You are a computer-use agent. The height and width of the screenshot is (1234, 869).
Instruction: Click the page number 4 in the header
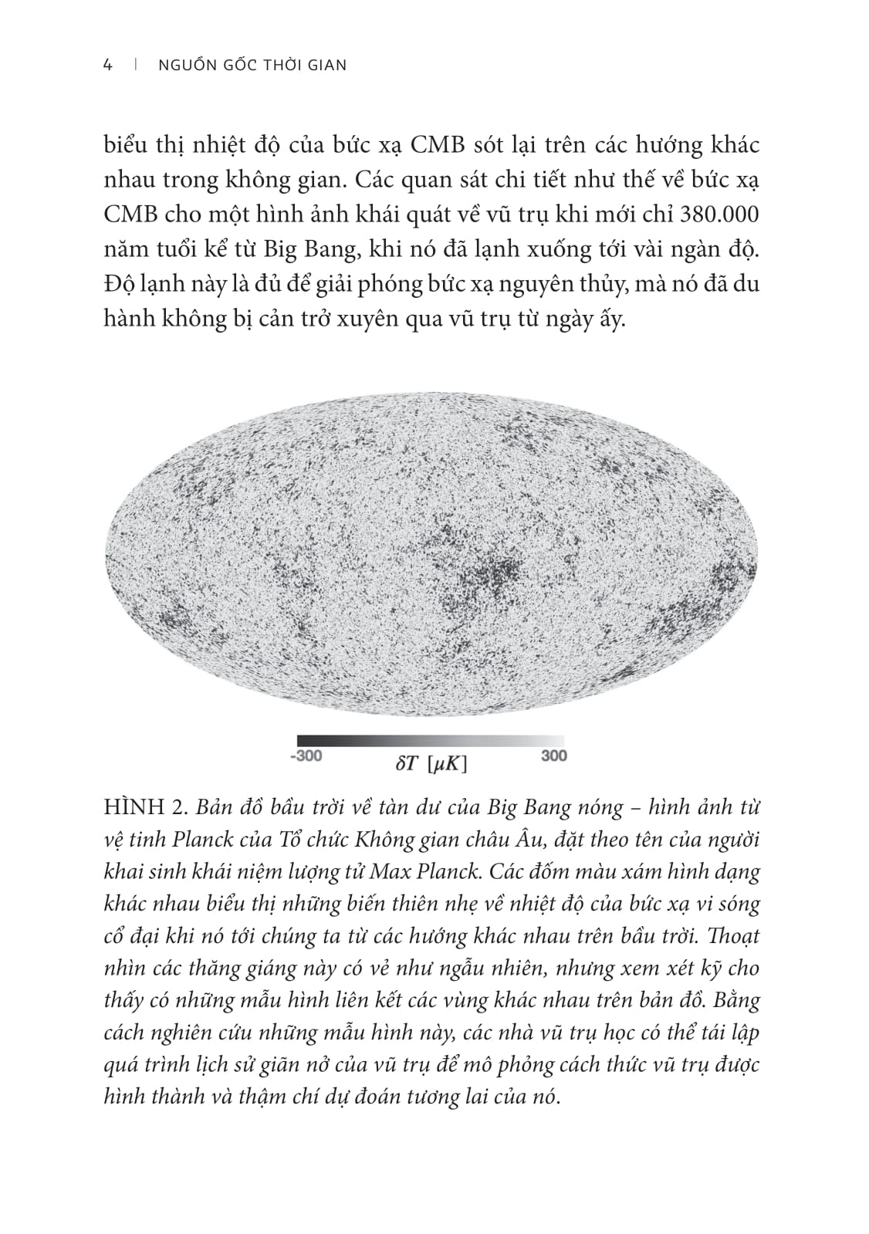coord(108,66)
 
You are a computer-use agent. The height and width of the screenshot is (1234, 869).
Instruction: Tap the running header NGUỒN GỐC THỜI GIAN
coord(252,66)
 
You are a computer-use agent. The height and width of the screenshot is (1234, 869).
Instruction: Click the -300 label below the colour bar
coord(306,756)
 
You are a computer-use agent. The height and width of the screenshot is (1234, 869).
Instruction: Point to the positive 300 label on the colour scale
coord(553,756)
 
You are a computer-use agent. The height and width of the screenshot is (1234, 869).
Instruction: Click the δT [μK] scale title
coord(431,763)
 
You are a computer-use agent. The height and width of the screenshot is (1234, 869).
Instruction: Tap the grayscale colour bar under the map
coord(430,740)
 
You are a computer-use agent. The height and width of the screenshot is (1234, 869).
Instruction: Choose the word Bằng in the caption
coord(738,1001)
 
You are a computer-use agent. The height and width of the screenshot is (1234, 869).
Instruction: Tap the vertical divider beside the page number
coord(136,66)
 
